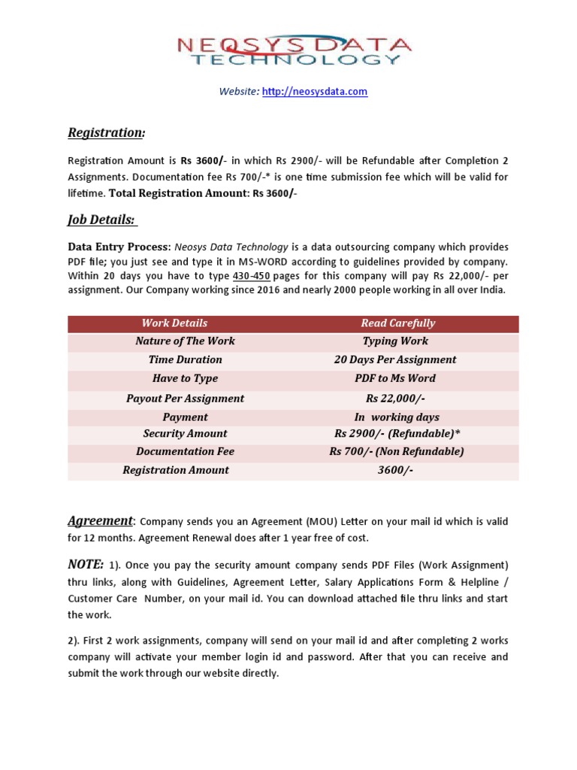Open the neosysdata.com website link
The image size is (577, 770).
click(314, 92)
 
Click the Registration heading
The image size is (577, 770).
click(106, 133)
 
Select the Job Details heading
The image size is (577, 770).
click(101, 220)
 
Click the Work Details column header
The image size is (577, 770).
click(174, 323)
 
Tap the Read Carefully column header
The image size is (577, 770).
click(397, 323)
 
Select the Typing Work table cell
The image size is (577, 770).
click(395, 341)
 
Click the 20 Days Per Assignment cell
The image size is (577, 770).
click(395, 360)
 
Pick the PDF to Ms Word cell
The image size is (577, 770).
click(395, 379)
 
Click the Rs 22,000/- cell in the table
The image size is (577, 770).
click(395, 399)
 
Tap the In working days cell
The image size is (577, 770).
click(397, 417)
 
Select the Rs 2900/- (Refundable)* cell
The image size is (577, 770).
click(396, 434)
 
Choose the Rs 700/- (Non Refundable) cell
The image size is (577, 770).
click(396, 452)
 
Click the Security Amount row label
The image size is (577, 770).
click(185, 434)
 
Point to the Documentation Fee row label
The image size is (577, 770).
click(185, 452)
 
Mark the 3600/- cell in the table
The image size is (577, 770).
click(395, 471)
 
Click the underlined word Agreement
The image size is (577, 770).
click(100, 521)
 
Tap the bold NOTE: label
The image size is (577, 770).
click(86, 564)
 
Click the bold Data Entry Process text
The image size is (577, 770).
click(119, 247)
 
